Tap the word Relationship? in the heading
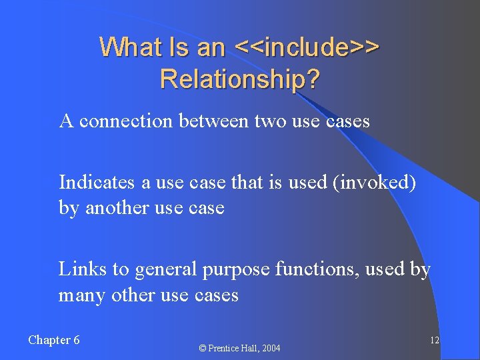[240, 79]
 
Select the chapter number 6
[76, 340]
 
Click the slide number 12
[434, 341]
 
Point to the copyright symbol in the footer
[203, 348]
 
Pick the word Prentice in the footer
[225, 348]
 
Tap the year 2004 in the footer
[271, 348]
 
